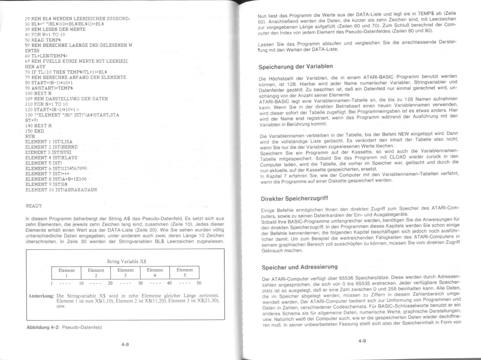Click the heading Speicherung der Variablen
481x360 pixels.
coord(295,67)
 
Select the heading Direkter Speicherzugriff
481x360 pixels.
coord(294,198)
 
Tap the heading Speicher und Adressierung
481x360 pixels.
coord(299,267)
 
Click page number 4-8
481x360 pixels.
coord(125,344)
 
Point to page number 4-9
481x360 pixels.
coord(362,341)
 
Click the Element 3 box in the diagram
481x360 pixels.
coord(125,273)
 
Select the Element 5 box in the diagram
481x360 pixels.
coord(185,272)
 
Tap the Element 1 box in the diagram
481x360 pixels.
coord(66,273)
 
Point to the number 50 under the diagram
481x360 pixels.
coord(199,283)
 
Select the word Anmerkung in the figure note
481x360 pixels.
coord(41,296)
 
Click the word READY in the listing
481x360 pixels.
coord(34,206)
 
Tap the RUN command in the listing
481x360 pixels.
coord(30,136)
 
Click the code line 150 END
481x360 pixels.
coord(35,131)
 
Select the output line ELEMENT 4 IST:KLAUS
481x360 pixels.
coord(51,158)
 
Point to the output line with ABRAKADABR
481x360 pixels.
coord(61,190)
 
